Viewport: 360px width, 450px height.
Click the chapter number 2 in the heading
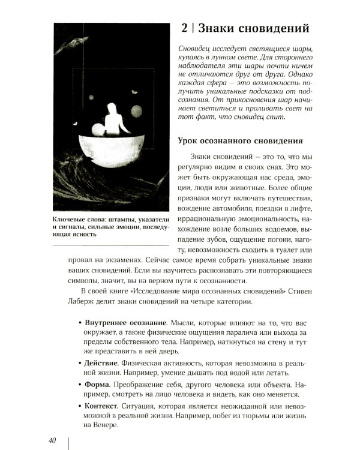pyautogui.click(x=185, y=28)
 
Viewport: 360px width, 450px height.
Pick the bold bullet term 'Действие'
pyautogui.click(x=101, y=363)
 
